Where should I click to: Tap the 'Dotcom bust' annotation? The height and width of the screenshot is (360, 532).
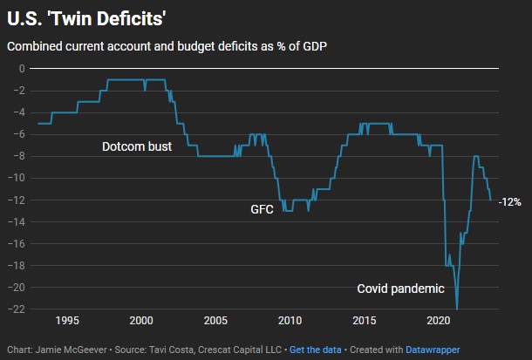(137, 146)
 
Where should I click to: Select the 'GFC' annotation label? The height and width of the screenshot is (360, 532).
(263, 209)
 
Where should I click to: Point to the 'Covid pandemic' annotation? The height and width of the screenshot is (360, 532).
(401, 289)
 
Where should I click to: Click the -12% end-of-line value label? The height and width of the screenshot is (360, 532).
(509, 201)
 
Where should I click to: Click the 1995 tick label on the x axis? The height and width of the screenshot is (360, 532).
(67, 321)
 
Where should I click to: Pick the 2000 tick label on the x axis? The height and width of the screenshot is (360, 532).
(141, 321)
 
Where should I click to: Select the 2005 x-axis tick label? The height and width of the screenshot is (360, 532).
(215, 321)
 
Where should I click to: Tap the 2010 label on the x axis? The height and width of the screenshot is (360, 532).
(290, 321)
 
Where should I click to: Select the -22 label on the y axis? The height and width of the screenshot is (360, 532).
(16, 309)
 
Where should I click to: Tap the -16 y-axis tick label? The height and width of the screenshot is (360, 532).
(16, 244)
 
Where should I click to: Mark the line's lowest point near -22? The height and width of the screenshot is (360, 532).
(457, 309)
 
